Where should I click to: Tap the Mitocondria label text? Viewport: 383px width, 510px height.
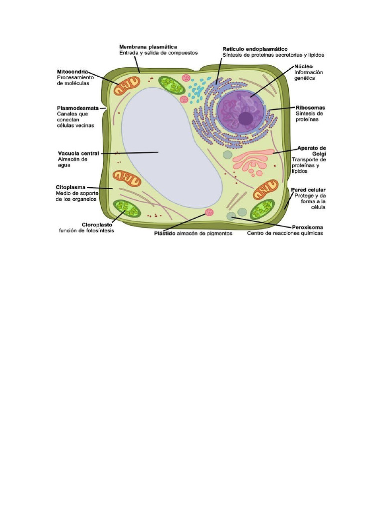click(x=73, y=72)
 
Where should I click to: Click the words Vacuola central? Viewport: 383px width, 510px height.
click(x=78, y=153)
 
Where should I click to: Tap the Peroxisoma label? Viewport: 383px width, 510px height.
click(x=308, y=227)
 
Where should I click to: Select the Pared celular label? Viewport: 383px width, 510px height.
click(x=308, y=190)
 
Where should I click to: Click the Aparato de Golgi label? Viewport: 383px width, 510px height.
click(x=312, y=151)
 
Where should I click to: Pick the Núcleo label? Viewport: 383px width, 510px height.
click(x=303, y=66)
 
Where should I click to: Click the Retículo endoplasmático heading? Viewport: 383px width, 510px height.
click(x=254, y=49)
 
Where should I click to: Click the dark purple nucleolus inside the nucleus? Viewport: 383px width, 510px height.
click(x=245, y=118)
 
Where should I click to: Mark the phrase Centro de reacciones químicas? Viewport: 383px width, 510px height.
click(x=285, y=233)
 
